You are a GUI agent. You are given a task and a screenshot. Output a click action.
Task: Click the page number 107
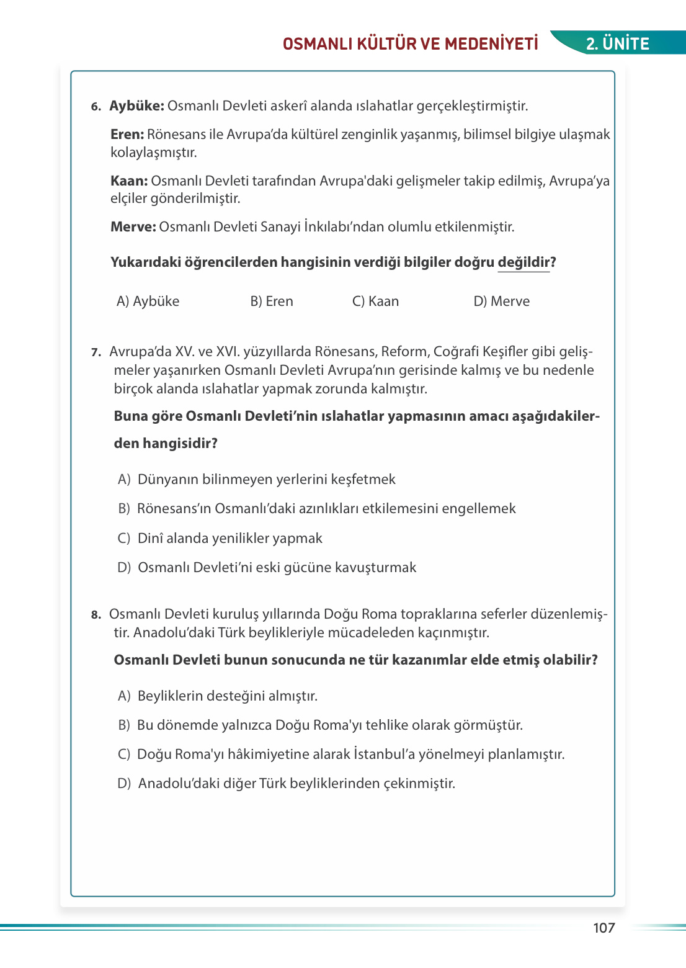pyautogui.click(x=604, y=928)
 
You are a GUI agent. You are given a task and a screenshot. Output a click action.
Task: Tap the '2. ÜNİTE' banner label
pyautogui.click(x=618, y=43)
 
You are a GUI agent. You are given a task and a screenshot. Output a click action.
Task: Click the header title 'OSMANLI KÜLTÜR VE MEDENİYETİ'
pyautogui.click(x=410, y=43)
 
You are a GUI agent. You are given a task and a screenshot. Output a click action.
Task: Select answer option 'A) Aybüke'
pyautogui.click(x=148, y=301)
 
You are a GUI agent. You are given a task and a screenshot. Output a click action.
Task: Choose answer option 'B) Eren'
pyautogui.click(x=272, y=301)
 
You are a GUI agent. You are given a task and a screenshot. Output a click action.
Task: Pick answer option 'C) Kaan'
pyautogui.click(x=375, y=301)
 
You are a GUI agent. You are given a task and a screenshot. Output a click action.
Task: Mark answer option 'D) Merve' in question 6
pyautogui.click(x=501, y=301)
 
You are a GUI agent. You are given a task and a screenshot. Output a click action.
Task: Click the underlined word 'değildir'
pyautogui.click(x=523, y=262)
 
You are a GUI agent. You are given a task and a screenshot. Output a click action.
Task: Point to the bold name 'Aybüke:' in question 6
pyautogui.click(x=136, y=106)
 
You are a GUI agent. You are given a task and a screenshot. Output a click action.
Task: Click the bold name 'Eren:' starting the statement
pyautogui.click(x=127, y=135)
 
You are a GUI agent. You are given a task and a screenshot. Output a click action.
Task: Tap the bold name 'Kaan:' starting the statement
pyautogui.click(x=129, y=181)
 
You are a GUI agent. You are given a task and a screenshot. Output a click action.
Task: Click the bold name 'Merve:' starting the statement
pyautogui.click(x=133, y=227)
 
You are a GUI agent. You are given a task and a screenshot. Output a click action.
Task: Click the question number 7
pyautogui.click(x=96, y=352)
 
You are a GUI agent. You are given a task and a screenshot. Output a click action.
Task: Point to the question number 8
pyautogui.click(x=96, y=615)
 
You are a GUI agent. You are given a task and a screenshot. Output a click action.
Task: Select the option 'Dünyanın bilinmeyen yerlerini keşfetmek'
pyautogui.click(x=266, y=480)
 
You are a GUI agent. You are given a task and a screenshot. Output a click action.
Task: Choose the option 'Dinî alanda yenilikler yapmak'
pyautogui.click(x=229, y=539)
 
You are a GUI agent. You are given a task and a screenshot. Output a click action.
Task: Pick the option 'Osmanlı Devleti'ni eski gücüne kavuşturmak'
pyautogui.click(x=277, y=568)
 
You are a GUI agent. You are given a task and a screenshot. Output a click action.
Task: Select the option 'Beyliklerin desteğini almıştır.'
pyautogui.click(x=227, y=696)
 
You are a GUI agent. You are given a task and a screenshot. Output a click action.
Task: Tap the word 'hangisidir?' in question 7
pyautogui.click(x=180, y=444)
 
